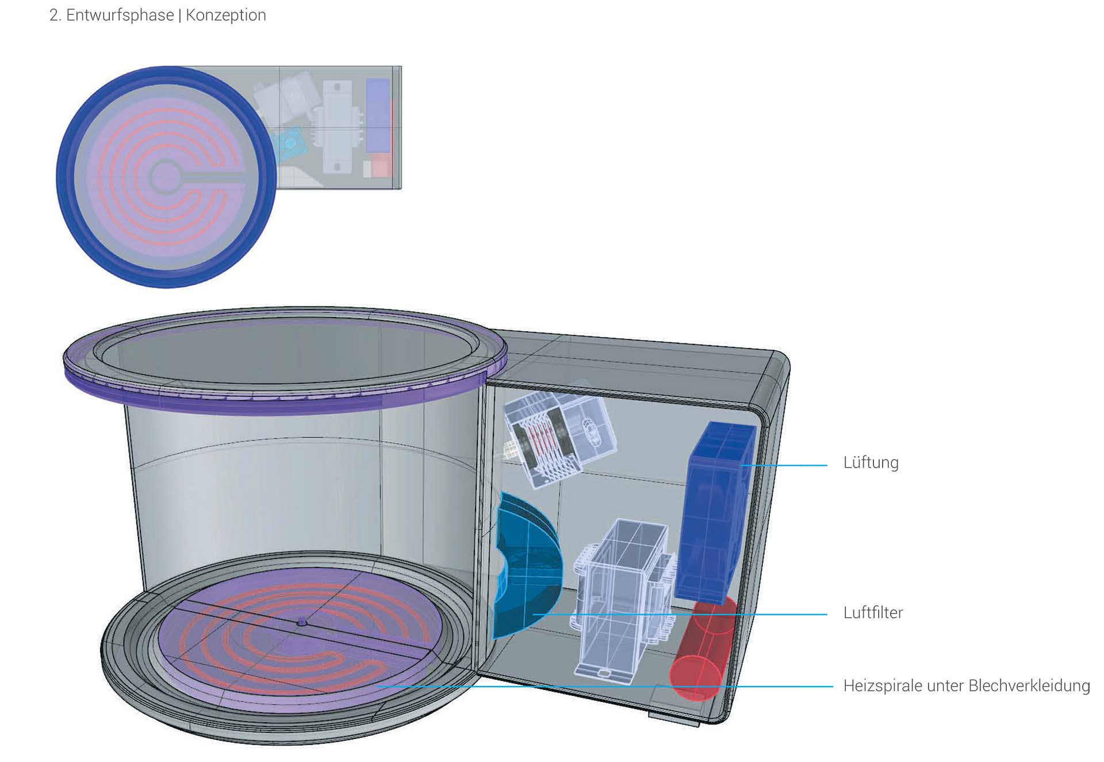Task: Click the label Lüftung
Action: point(871,463)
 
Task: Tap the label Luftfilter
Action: point(873,612)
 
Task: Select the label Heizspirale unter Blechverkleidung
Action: point(966,686)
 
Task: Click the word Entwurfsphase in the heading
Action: point(120,15)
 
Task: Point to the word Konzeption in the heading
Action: point(225,15)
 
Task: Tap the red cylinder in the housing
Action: point(703,650)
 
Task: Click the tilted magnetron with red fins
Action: point(558,440)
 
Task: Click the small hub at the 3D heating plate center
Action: point(302,622)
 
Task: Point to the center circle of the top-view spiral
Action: point(165,176)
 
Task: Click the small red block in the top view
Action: point(380,165)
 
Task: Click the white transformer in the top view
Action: point(338,127)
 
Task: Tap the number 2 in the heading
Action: point(54,15)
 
